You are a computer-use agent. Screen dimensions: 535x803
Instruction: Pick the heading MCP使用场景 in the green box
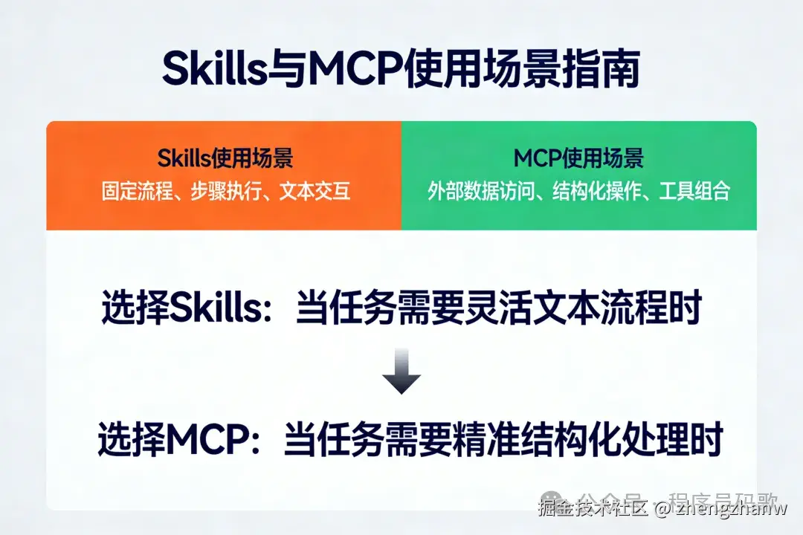(x=578, y=158)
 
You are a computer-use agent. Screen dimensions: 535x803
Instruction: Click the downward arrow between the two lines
(x=401, y=376)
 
